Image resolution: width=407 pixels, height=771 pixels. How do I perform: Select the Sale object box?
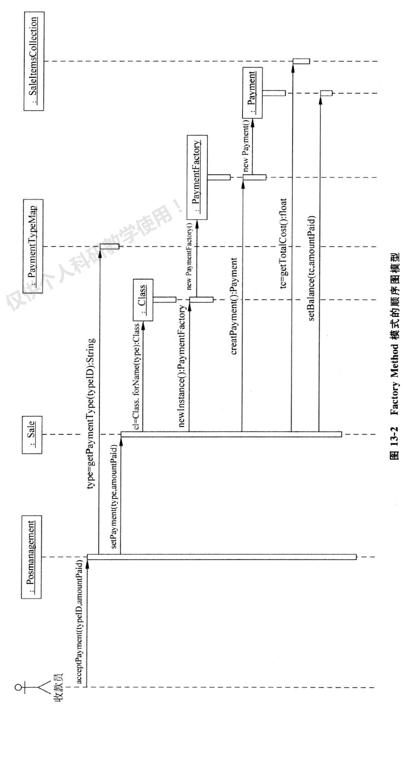point(32,435)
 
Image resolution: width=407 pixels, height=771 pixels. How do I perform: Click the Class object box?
point(143,300)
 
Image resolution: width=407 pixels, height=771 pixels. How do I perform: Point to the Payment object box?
point(252,93)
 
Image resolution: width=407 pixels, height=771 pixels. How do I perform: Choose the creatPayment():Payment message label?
point(234,306)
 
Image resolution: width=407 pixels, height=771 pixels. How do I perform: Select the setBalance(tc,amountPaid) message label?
point(312,268)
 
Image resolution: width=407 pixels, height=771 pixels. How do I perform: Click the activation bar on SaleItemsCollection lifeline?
point(301,61)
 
